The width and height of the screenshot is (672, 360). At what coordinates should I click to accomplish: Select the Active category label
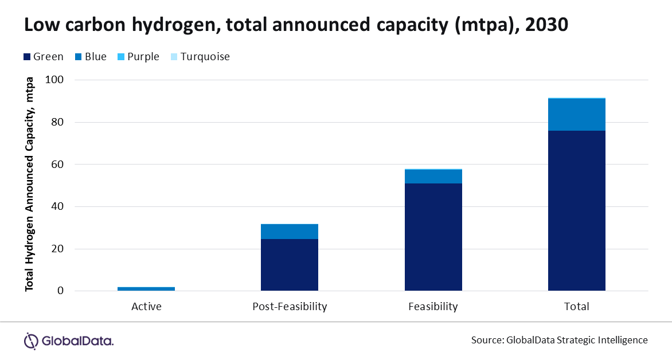pyautogui.click(x=146, y=307)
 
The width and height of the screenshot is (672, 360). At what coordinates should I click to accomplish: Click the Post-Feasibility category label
pyautogui.click(x=290, y=307)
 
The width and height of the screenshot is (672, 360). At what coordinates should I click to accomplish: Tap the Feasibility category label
pyautogui.click(x=433, y=307)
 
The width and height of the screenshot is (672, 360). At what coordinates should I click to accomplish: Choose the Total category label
pyautogui.click(x=576, y=307)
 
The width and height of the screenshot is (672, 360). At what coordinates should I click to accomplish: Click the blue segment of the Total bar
pyautogui.click(x=576, y=115)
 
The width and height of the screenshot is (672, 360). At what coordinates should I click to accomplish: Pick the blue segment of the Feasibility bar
pyautogui.click(x=433, y=177)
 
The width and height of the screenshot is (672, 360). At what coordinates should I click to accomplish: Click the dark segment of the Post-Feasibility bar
pyautogui.click(x=290, y=265)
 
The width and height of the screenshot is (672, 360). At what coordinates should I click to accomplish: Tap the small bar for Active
pyautogui.click(x=146, y=289)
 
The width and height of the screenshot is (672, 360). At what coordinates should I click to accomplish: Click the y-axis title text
pyautogui.click(x=29, y=183)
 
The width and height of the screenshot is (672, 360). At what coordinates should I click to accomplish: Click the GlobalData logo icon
pyautogui.click(x=31, y=341)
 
